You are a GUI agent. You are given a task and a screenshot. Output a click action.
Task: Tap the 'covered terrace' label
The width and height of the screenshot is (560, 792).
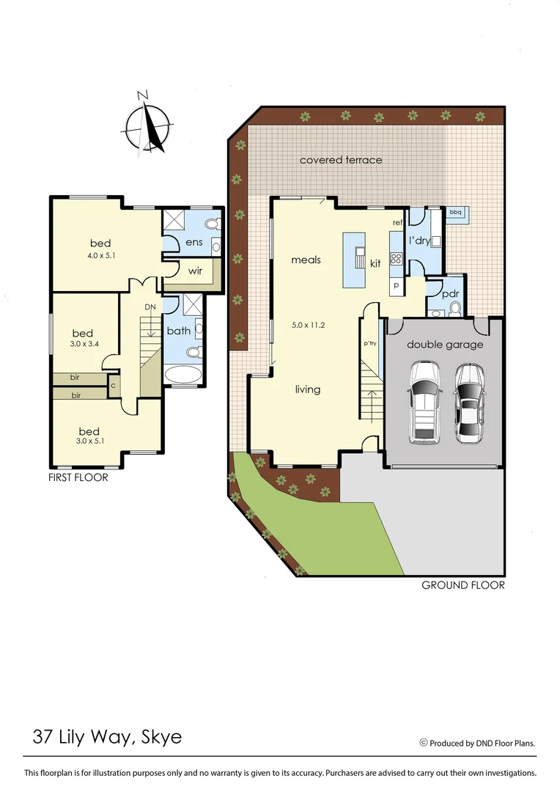point(341,159)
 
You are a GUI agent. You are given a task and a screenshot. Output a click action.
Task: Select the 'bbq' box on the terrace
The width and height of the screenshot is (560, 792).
point(455,212)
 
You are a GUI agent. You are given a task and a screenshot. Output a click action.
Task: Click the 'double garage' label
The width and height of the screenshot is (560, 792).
point(445,344)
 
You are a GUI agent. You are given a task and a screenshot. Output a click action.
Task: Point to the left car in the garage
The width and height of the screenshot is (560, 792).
point(424,403)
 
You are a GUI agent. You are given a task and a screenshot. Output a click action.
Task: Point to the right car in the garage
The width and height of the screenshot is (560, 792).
point(469,403)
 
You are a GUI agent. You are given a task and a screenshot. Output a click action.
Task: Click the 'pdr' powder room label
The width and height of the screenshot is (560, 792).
point(449,293)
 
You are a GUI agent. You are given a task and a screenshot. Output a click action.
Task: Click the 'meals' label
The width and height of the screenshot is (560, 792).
point(306,260)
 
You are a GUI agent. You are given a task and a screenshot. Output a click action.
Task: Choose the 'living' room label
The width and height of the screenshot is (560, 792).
point(307,389)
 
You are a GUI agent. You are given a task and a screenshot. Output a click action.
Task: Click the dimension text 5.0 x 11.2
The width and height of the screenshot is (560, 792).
point(307,324)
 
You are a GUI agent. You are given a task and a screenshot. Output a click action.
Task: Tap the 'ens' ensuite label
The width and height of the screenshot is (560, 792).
point(194,241)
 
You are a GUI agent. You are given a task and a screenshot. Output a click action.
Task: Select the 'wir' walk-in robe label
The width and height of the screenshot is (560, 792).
point(195,271)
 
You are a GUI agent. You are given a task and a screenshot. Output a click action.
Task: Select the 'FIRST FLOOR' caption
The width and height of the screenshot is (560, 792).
point(78,477)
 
